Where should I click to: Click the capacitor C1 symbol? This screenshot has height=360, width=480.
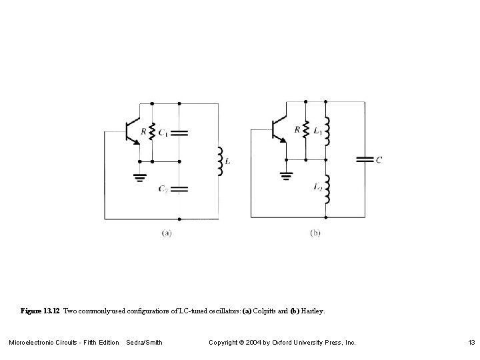click(179, 133)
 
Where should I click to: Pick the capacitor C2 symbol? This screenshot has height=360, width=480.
click(179, 189)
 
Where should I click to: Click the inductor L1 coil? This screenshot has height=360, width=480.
click(327, 132)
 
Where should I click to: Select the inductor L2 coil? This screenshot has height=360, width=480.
click(327, 189)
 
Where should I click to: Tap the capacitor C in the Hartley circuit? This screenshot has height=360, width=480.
click(364, 159)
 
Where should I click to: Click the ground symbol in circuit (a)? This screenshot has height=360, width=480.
click(139, 177)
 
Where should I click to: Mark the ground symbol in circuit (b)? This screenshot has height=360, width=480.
click(287, 177)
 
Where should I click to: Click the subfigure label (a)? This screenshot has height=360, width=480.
click(167, 233)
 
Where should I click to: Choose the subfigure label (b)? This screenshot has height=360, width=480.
click(315, 233)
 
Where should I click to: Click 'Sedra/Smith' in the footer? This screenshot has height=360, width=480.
click(144, 343)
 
